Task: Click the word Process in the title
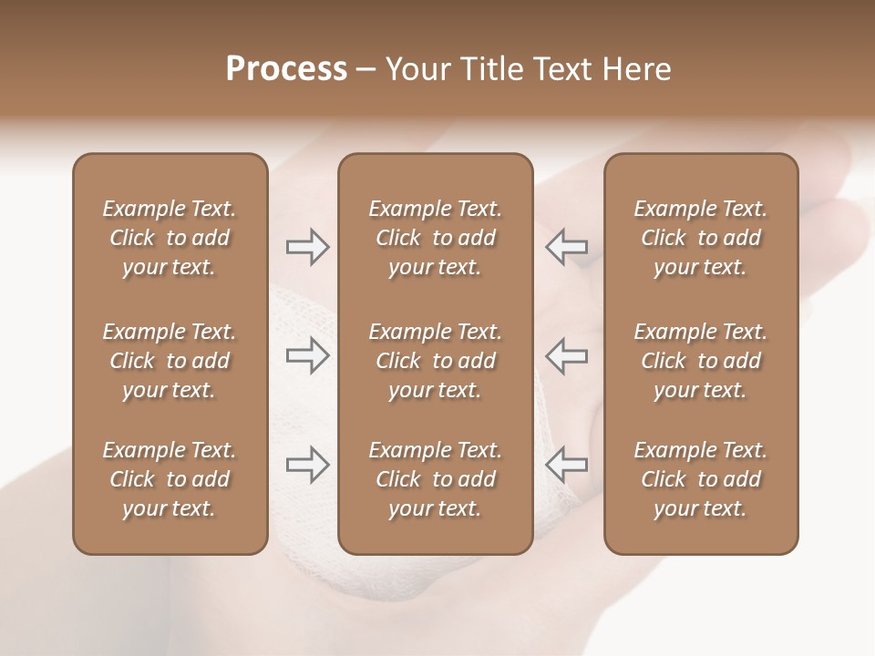[x=286, y=69]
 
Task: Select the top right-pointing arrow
[x=307, y=247]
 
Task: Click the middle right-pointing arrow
[x=307, y=355]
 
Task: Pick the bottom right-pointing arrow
[x=307, y=464]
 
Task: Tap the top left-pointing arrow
[x=566, y=247]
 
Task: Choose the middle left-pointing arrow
[x=566, y=355]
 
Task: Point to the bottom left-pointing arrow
[x=566, y=464]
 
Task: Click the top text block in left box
[x=170, y=238]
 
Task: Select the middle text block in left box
[x=170, y=361]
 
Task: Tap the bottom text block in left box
[x=170, y=479]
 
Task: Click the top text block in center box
[x=436, y=238]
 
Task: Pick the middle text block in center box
[x=436, y=361]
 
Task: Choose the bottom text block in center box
[x=436, y=479]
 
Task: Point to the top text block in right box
[x=701, y=238]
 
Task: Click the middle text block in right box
[x=701, y=361]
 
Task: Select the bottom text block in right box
[x=701, y=479]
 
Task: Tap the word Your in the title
[x=415, y=69]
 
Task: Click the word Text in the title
[x=565, y=69]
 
